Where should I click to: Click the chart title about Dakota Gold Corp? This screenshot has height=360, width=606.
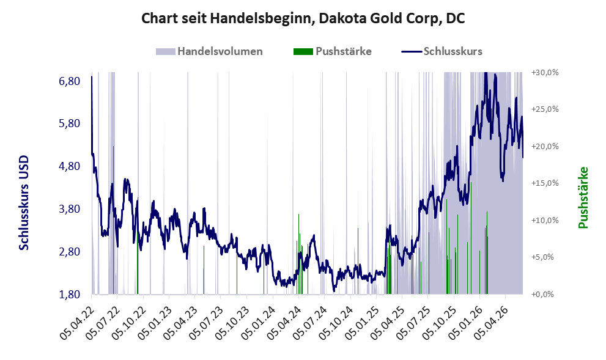[303, 18]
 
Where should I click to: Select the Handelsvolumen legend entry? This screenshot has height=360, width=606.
[209, 51]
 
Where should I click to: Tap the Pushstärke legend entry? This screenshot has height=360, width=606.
[333, 51]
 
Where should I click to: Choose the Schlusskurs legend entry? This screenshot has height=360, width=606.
[442, 51]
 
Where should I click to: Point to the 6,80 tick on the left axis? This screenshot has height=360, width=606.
[70, 81]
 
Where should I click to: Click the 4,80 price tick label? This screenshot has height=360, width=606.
[70, 166]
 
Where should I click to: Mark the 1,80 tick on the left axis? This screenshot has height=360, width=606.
[70, 295]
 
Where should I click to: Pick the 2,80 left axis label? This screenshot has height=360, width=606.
[70, 251]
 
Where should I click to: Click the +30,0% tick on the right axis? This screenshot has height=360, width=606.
[545, 73]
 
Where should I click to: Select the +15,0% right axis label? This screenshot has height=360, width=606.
[545, 183]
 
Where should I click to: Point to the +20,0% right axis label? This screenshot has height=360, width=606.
[545, 147]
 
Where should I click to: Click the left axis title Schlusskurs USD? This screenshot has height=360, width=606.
[24, 203]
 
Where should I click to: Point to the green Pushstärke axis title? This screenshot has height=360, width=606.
[583, 197]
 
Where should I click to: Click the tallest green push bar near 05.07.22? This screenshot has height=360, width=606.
[113, 220]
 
